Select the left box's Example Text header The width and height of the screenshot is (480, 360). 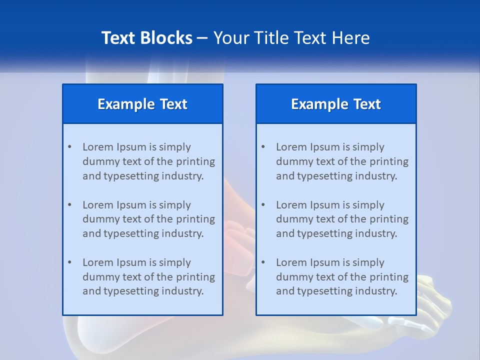tap(142, 104)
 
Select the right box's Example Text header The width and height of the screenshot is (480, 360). tap(336, 104)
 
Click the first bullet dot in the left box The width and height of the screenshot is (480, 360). tap(69, 147)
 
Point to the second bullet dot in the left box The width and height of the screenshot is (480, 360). tap(69, 205)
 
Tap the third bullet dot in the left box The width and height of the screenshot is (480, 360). tap(69, 262)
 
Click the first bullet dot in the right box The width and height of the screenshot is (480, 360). tap(263, 147)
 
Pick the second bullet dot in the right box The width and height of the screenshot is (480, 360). tap(263, 205)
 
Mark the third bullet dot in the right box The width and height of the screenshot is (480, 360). tap(263, 262)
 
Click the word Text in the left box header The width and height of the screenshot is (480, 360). tap(173, 104)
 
